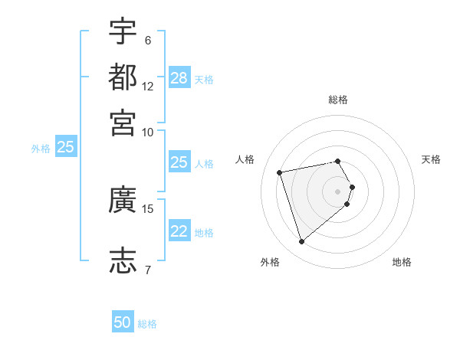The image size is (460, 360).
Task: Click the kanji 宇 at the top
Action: [x=123, y=31]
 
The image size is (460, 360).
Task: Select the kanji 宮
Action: [x=123, y=122]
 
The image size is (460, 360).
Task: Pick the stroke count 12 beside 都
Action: [x=148, y=87]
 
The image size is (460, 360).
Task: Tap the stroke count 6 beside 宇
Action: [x=148, y=40]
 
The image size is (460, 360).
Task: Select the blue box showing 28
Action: [x=179, y=77]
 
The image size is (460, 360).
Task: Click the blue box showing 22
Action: [x=179, y=231]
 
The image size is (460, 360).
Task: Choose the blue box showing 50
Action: [x=123, y=322]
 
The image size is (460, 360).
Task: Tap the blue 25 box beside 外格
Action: [x=65, y=147]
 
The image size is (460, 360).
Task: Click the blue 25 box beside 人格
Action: [x=179, y=162]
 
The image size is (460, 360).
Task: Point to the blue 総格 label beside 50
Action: [x=147, y=324]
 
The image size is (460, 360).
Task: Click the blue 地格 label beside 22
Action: [x=205, y=233]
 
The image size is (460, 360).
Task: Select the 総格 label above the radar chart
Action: [x=338, y=100]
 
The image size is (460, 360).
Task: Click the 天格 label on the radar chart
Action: [x=432, y=159]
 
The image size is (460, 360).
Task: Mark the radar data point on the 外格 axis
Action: [x=301, y=242]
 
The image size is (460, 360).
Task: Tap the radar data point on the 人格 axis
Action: [x=280, y=172]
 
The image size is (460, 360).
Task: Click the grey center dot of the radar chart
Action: [x=338, y=191]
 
